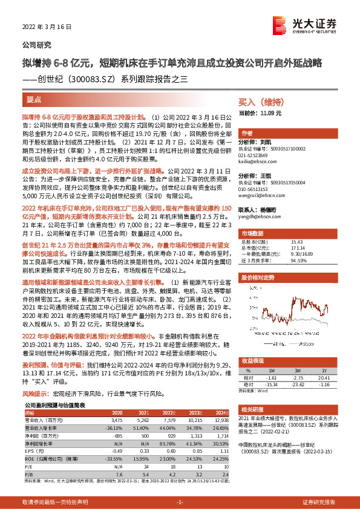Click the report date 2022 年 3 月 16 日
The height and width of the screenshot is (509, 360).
point(47,27)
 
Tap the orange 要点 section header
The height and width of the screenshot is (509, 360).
point(34,100)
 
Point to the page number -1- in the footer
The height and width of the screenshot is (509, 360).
point(179,503)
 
